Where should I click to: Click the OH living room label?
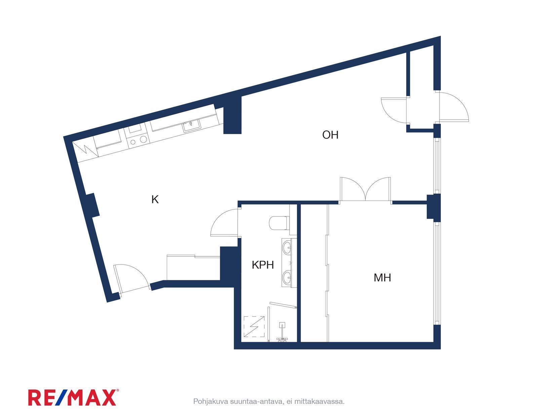(x=330, y=135)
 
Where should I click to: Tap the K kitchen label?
(x=155, y=199)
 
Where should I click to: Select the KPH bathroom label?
(x=263, y=265)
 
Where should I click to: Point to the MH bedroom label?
(x=382, y=278)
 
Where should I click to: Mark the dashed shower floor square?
(x=254, y=327)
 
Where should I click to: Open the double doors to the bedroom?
(x=366, y=190)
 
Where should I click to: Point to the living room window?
(x=437, y=165)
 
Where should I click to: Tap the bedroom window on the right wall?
(x=437, y=275)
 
